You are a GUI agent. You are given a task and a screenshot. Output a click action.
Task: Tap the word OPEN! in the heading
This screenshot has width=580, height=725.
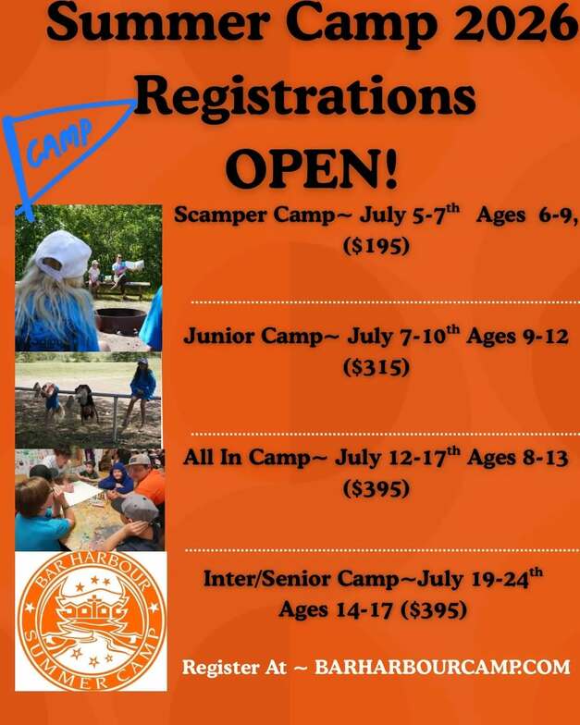pos(312,168)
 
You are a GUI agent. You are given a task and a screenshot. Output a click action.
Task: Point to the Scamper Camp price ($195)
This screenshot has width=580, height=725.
pos(376,245)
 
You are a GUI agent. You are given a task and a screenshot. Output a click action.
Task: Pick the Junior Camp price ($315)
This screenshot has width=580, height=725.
pos(376,367)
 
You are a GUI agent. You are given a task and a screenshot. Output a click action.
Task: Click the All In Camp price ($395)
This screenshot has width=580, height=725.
pos(376,488)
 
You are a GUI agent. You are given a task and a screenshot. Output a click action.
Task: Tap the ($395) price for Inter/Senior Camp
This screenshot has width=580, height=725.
pos(433,609)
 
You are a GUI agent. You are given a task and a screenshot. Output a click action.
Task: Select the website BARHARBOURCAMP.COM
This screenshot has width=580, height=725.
pos(442,667)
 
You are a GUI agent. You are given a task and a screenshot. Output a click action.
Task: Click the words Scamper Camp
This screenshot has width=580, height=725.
pos(253,215)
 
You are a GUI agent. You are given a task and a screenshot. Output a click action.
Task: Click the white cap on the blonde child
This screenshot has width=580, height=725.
pos(64,253)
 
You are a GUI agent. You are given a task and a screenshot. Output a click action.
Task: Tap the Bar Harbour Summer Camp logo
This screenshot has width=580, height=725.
pos(91,621)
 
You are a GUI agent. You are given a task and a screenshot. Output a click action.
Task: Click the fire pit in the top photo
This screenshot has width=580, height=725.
pos(120,320)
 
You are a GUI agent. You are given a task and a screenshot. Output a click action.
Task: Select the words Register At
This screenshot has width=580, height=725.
pos(234,668)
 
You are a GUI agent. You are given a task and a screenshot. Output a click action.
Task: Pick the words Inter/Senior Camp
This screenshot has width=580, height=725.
pos(301,579)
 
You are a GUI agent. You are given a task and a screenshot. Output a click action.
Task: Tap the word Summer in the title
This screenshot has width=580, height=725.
pos(158,22)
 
